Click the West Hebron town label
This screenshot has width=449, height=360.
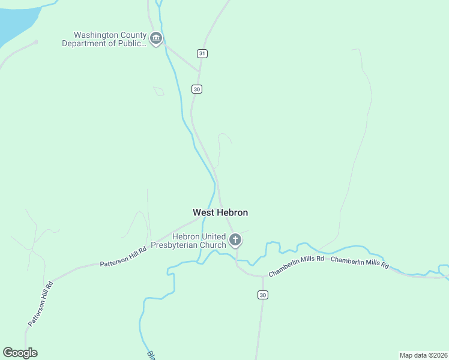pyautogui.click(x=220, y=212)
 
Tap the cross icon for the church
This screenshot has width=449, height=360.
pyautogui.click(x=235, y=241)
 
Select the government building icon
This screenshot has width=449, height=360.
pyautogui.click(x=156, y=39)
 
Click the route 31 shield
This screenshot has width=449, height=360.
pyautogui.click(x=202, y=54)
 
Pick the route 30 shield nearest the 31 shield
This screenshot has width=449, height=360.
pyautogui.click(x=197, y=89)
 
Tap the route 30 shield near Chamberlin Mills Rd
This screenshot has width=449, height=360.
pyautogui.click(x=262, y=295)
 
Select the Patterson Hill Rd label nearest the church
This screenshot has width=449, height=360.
pyautogui.click(x=123, y=258)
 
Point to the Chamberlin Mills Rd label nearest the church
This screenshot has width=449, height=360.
pyautogui.click(x=297, y=267)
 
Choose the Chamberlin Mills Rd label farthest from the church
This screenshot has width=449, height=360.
pyautogui.click(x=360, y=262)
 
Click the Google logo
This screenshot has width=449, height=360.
pyautogui.click(x=20, y=353)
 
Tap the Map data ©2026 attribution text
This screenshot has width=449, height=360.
pyautogui.click(x=423, y=355)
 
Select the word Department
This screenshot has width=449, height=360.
pyautogui.click(x=85, y=43)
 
